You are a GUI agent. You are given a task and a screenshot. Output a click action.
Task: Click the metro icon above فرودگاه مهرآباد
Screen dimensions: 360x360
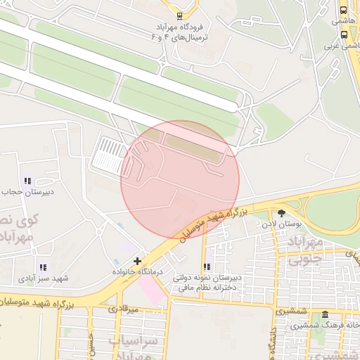coord(179,15)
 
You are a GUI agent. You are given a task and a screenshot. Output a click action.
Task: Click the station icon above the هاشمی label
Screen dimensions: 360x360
coord(343,11)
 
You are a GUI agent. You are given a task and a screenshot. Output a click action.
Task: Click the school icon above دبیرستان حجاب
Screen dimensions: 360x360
coord(27,181)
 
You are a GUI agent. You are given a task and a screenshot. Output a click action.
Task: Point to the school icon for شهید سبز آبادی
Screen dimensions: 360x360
coord(43,267)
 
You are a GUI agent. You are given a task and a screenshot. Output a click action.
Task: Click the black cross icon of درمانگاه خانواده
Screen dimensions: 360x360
coord(137,261)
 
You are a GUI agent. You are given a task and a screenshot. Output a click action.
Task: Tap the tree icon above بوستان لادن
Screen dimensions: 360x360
coord(282,213)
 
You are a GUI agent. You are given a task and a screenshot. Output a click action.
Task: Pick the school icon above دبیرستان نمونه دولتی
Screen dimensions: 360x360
coord(207,266)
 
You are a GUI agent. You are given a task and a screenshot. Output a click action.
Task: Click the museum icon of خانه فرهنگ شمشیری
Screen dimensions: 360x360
coord(325,314)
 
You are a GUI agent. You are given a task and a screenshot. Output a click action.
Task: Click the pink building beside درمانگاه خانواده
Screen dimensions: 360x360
coord(151,286)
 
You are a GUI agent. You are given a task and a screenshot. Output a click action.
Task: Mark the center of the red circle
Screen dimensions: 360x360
coord(180,180)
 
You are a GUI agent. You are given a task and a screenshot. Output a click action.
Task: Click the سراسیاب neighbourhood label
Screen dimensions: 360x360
coord(134,342)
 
